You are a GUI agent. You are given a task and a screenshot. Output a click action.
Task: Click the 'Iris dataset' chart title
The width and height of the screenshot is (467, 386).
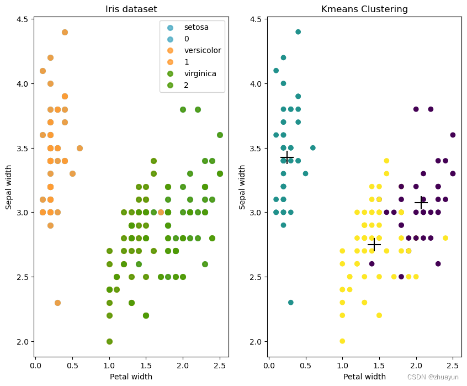131,9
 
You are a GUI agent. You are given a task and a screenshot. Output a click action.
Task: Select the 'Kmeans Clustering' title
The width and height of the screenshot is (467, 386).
364,9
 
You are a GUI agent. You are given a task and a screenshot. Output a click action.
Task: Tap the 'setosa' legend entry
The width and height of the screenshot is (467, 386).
196,25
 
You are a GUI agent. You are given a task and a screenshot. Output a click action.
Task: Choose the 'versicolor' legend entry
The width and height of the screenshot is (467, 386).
202,50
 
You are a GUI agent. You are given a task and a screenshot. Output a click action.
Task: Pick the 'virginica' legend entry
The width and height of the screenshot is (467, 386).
200,73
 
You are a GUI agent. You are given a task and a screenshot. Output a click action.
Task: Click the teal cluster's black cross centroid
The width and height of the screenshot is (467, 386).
286,157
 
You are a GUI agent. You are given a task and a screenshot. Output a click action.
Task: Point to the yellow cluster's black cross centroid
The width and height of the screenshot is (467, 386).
374,244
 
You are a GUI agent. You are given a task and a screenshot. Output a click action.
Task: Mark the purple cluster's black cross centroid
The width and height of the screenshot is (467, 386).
421,203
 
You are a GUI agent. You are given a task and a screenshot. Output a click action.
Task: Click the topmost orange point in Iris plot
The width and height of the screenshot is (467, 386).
65,32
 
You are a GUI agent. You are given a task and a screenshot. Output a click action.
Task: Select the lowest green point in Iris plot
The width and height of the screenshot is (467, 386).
109,341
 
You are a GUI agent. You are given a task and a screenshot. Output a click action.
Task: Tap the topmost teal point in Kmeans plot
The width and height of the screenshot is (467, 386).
298,32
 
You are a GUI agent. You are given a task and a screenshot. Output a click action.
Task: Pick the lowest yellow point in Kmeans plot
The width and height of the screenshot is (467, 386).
342,341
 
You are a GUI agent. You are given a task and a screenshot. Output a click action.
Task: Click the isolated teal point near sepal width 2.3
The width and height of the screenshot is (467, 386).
291,303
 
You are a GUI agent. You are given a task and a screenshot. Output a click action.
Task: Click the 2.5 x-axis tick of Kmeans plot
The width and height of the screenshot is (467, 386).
453,366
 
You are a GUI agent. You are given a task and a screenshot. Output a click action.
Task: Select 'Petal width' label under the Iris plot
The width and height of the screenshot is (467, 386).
131,377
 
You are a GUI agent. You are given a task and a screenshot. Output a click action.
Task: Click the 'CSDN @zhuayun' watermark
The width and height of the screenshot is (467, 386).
433,377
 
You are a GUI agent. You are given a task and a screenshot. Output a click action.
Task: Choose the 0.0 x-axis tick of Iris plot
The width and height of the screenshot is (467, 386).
35,366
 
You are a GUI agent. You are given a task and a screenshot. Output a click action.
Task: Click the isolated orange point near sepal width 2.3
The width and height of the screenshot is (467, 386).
57,303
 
